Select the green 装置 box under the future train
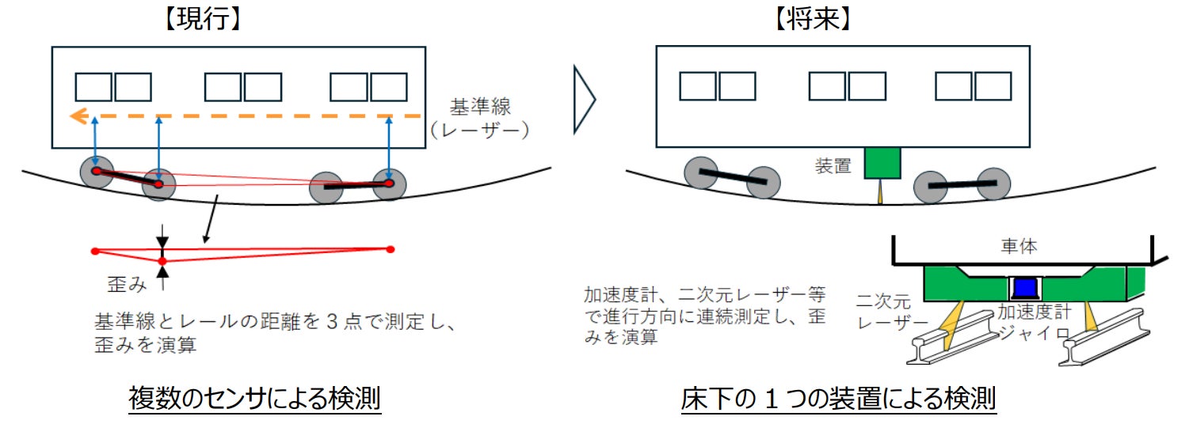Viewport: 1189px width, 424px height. [x=882, y=163]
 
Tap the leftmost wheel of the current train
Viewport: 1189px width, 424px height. [x=96, y=172]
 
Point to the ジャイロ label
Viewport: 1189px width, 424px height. [x=1027, y=332]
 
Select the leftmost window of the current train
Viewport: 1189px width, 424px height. [x=93, y=87]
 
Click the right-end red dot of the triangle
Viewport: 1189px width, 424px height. [x=390, y=249]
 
